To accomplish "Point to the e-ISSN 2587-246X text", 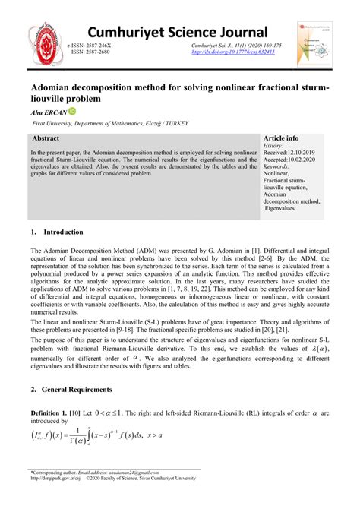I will tap(93, 46).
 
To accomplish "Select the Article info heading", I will tap(280, 139).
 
